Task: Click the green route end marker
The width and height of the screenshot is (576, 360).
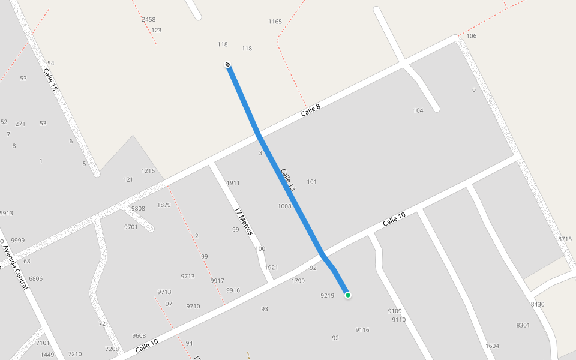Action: [347, 295]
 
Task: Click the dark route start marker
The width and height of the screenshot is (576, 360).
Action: [227, 64]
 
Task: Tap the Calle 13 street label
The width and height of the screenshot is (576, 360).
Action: [287, 179]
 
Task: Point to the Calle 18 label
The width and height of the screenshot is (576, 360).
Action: [50, 79]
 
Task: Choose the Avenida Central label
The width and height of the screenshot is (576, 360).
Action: [14, 267]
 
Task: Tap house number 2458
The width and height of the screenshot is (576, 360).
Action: [148, 20]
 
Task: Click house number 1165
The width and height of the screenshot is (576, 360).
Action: [275, 22]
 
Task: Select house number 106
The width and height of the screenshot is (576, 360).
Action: [471, 36]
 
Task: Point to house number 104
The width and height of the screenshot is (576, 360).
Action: [418, 110]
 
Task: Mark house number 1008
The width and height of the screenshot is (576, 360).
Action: [284, 206]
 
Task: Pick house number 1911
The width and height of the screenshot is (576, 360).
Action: [233, 183]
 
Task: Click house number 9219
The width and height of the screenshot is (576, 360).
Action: [327, 295]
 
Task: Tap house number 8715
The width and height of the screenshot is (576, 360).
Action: [565, 239]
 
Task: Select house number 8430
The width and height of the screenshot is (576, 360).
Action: [538, 304]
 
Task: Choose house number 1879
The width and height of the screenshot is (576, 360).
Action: [164, 205]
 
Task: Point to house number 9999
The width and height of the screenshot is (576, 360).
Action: [18, 241]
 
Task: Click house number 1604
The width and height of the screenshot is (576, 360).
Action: [492, 346]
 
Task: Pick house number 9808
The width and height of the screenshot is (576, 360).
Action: [138, 209]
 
